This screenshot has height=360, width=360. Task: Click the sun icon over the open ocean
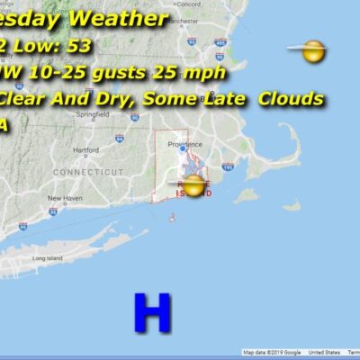tap(312, 51)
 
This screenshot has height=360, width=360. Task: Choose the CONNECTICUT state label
tap(88, 171)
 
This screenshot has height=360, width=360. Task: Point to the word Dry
tap(117, 98)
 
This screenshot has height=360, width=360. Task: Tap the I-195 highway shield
tap(228, 166)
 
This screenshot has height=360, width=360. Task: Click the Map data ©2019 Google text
tap(273, 353)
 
